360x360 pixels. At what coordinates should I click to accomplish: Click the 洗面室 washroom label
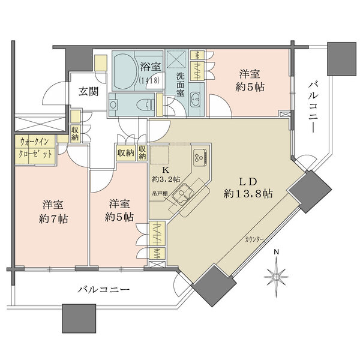[x=180, y=85]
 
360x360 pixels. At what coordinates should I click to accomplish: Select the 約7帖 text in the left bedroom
[x=55, y=218]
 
